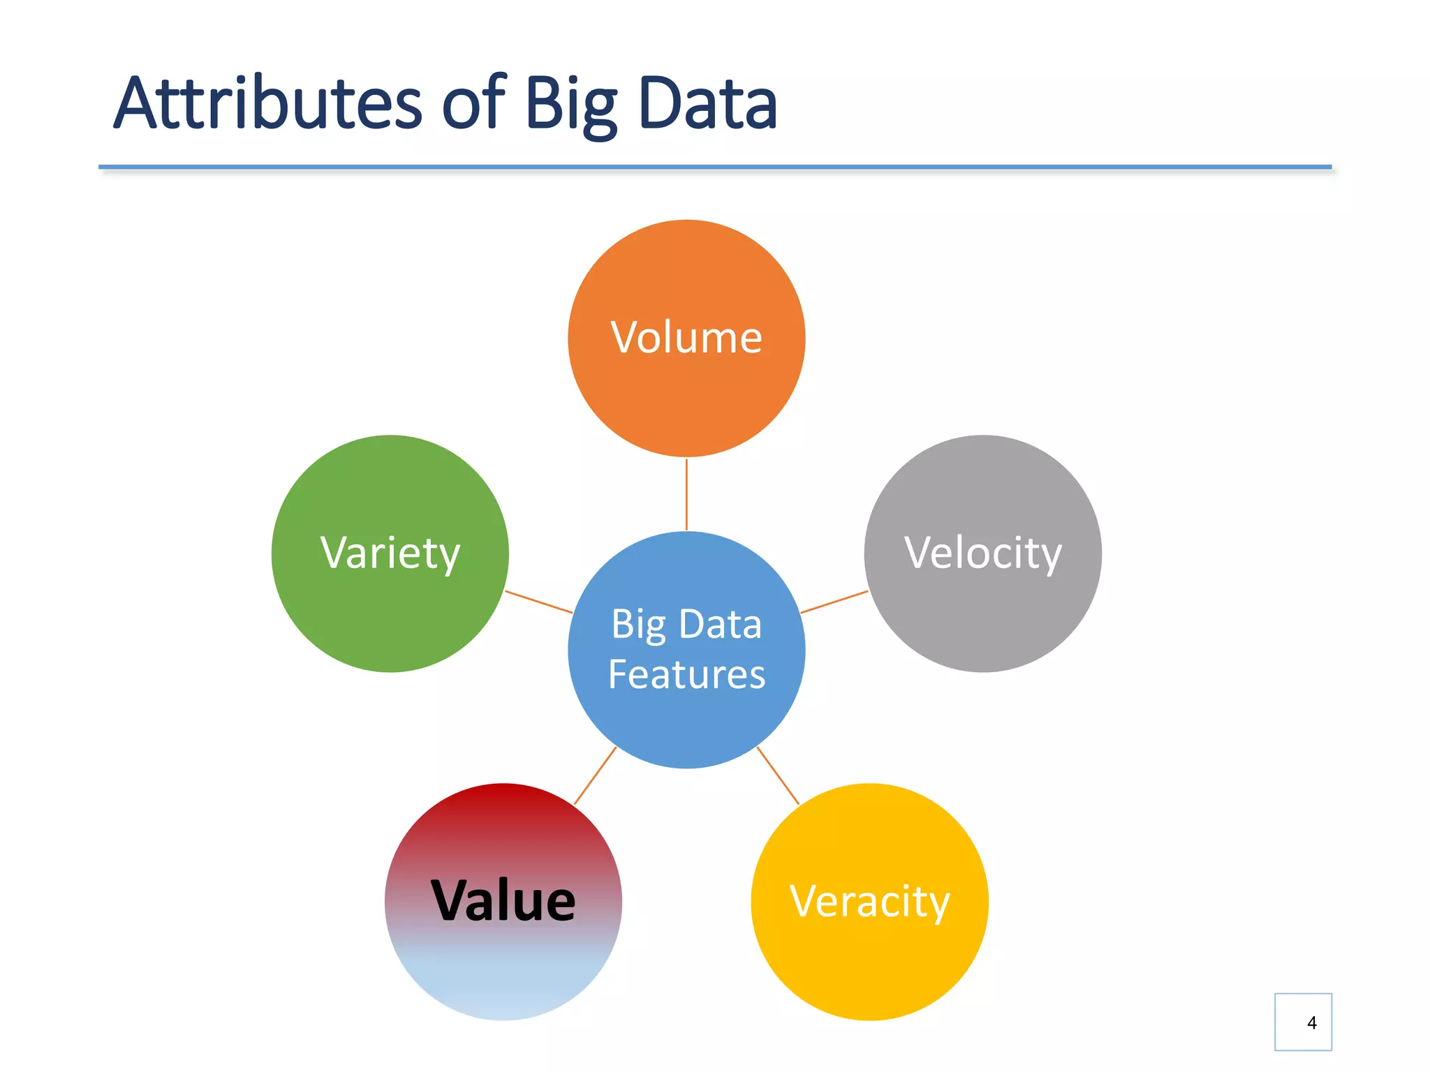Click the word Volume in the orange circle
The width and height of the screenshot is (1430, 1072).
point(686,338)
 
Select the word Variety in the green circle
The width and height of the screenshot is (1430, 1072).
point(390,553)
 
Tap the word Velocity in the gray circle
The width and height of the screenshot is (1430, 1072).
point(982,553)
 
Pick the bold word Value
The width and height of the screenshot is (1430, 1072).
point(503,901)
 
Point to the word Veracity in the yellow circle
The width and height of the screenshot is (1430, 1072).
point(869,902)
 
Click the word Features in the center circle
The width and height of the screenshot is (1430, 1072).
point(686,674)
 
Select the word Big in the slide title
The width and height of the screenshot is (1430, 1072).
point(571,105)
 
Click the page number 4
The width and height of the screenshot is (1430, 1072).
point(1311,1022)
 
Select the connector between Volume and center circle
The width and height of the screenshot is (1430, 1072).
point(686,494)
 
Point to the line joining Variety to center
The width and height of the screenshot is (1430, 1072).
point(539,602)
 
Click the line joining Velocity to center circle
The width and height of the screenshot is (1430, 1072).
point(834,602)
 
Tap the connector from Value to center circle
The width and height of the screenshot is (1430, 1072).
point(595,776)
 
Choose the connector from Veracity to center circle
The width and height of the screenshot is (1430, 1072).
point(778,776)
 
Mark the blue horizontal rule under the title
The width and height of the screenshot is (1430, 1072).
point(714,167)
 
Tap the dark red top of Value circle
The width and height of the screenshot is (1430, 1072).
point(503,803)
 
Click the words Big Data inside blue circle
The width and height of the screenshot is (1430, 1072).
point(686,624)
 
